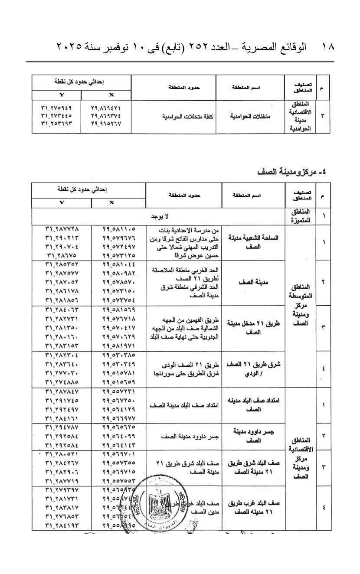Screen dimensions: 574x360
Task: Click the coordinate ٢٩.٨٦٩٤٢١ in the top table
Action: tap(106, 108)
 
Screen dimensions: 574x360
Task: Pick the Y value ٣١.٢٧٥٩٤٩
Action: tap(56, 108)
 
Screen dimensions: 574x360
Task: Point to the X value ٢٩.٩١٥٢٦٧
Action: tap(106, 124)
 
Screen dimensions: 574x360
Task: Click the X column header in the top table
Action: tap(106, 95)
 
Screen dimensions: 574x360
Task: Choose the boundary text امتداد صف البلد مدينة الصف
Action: tap(183, 405)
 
